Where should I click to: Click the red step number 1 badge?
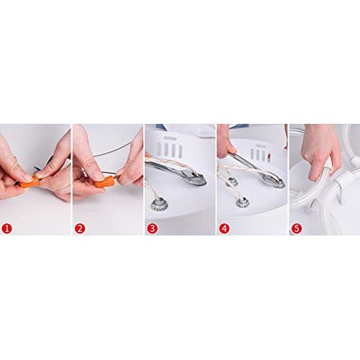click(7, 228)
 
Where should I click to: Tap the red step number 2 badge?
click(80, 228)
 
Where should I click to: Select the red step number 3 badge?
click(152, 228)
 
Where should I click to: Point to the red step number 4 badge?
click(224, 228)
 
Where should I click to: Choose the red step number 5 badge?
click(297, 228)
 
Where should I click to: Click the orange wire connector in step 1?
click(30, 182)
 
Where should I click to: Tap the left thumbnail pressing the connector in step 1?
click(27, 178)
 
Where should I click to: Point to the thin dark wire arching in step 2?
click(113, 149)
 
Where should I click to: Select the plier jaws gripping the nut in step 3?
click(193, 177)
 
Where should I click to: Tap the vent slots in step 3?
click(169, 149)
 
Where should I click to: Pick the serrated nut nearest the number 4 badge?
click(242, 202)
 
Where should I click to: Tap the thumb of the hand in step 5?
click(314, 171)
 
